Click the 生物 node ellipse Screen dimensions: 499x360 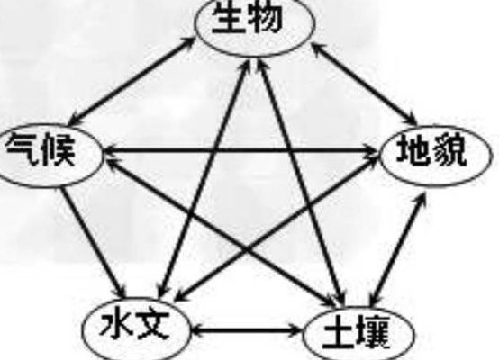(255, 54)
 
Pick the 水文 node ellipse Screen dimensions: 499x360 (136, 300)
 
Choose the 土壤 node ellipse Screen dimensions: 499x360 (358, 309)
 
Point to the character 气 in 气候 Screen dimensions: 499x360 (22, 148)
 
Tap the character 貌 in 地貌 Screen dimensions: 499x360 (448, 149)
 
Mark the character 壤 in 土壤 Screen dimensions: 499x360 (373, 332)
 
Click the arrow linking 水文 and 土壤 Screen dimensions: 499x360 (246, 330)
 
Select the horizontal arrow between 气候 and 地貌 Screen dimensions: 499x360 (241, 149)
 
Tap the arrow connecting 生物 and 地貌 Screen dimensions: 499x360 (365, 84)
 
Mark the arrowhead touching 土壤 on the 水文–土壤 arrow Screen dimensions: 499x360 (294, 330)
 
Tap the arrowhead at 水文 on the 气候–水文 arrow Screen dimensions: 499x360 (120, 290)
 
